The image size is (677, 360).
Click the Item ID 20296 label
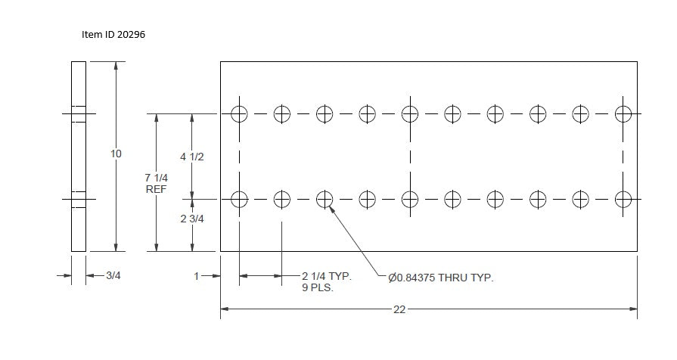click(113, 35)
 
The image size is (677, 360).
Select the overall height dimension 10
click(116, 154)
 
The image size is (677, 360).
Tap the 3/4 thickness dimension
click(113, 275)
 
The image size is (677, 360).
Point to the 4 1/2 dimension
click(191, 157)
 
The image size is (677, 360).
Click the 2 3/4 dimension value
click(192, 219)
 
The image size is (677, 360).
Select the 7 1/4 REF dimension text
click(157, 184)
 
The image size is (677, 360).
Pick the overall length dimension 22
click(399, 309)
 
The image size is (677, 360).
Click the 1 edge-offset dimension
click(197, 276)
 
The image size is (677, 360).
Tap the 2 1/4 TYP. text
click(327, 276)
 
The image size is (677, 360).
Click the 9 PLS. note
click(318, 287)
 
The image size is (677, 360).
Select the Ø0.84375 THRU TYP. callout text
click(440, 278)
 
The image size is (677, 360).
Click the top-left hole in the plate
click(239, 114)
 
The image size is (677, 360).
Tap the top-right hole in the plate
click(623, 114)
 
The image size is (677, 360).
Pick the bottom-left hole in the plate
click(239, 200)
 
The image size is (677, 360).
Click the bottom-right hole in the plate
click(623, 200)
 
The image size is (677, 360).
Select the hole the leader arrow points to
click(325, 200)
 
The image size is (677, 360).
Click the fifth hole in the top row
click(410, 114)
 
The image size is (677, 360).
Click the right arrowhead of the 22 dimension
click(633, 309)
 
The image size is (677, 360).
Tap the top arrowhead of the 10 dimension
click(116, 66)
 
